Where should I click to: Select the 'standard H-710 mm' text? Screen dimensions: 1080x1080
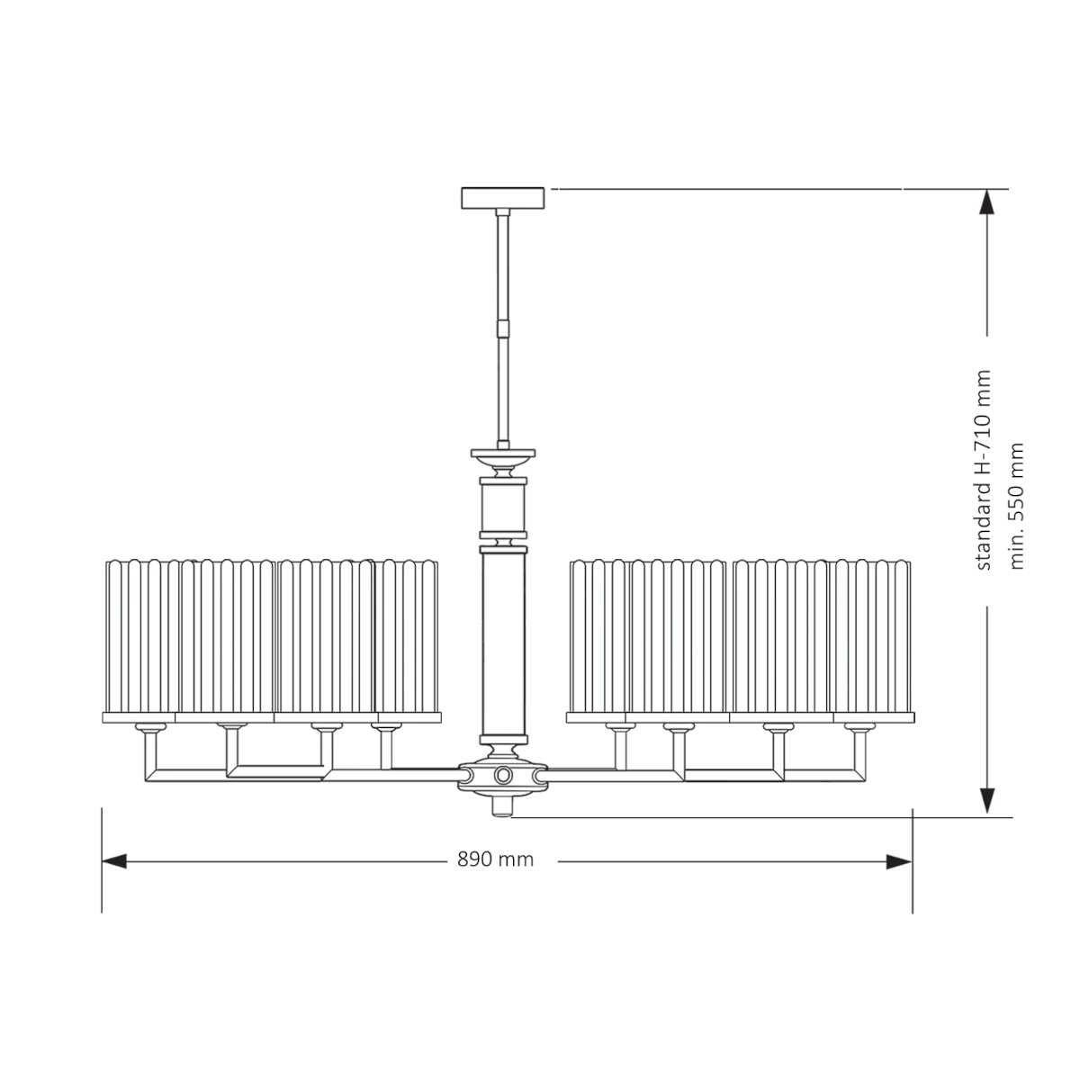984,470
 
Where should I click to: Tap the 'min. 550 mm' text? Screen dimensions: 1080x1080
1016,506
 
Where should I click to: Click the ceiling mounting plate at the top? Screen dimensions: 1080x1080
503,198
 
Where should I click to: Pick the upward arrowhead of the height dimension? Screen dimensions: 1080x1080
986,202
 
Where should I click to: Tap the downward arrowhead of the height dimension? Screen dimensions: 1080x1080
986,801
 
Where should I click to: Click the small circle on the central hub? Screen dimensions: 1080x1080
502,775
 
